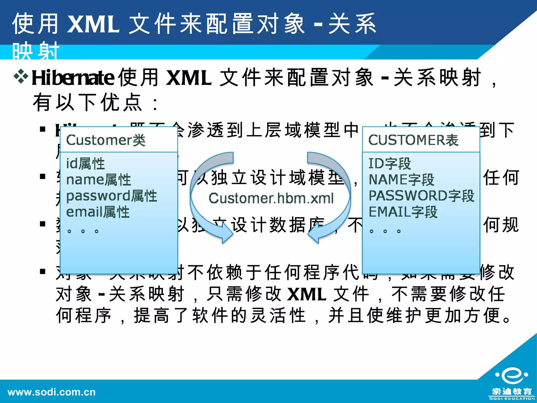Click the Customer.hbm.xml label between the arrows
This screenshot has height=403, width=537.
point(271,198)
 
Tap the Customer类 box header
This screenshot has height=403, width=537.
point(106,140)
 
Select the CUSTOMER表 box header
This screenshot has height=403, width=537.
point(413,140)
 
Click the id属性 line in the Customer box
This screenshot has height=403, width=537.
point(85,163)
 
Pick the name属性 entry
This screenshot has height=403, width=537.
point(99,180)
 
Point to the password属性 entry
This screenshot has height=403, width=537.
point(111,196)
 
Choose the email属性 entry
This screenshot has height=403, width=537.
point(98,212)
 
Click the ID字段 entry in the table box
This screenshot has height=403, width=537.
point(390,163)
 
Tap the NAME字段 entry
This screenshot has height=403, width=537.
point(401,180)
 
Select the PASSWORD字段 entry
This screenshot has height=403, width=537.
point(421,196)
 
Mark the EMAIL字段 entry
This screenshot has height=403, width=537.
point(403,212)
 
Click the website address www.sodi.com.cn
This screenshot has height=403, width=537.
point(52,392)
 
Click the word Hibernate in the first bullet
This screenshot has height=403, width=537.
point(73,78)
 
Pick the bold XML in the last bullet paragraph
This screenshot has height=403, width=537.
point(307,294)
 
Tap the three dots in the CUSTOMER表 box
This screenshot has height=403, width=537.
point(385,231)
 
